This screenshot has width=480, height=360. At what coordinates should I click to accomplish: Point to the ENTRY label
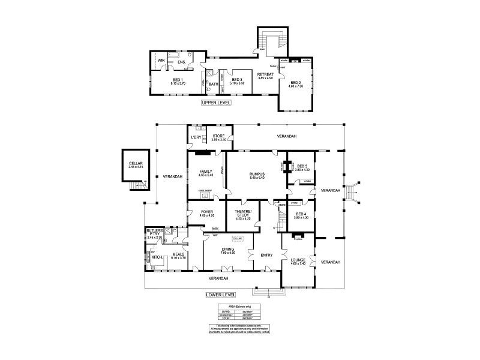coord(266,256)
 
